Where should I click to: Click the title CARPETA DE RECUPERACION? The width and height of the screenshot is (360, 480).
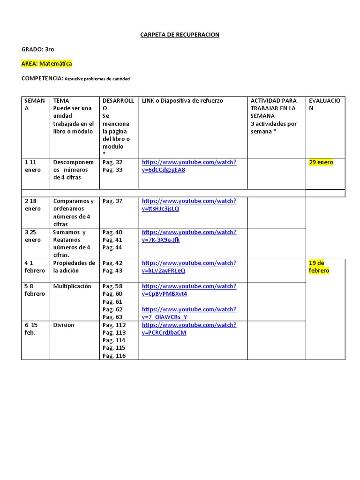(x=180, y=35)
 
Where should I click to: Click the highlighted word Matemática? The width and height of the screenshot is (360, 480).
(x=55, y=63)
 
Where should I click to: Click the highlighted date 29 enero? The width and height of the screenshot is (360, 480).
(x=321, y=162)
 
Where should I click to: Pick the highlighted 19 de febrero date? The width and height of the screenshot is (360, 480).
(x=319, y=267)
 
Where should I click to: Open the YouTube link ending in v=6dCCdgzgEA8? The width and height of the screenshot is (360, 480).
(x=189, y=166)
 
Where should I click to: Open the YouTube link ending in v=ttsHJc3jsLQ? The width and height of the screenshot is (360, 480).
(x=189, y=205)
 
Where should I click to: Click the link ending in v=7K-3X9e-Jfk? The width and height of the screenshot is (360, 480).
(x=189, y=236)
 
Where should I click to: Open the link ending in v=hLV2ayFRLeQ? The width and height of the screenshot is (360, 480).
(x=189, y=267)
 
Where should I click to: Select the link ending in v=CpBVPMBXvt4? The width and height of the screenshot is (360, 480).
(x=189, y=290)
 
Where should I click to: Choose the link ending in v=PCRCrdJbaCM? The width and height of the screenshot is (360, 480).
(x=189, y=329)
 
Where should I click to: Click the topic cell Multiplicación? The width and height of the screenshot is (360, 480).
(x=72, y=286)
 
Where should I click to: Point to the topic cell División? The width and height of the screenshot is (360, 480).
(x=64, y=325)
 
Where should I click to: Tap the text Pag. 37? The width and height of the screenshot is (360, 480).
(x=112, y=201)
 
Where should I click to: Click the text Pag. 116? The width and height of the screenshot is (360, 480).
(x=114, y=356)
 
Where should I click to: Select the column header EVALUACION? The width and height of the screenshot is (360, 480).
(x=324, y=105)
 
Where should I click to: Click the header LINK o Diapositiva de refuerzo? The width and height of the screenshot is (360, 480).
(x=182, y=101)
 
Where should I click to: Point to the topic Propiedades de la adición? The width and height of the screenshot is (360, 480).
(x=74, y=267)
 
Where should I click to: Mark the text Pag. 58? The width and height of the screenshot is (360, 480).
(x=112, y=286)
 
